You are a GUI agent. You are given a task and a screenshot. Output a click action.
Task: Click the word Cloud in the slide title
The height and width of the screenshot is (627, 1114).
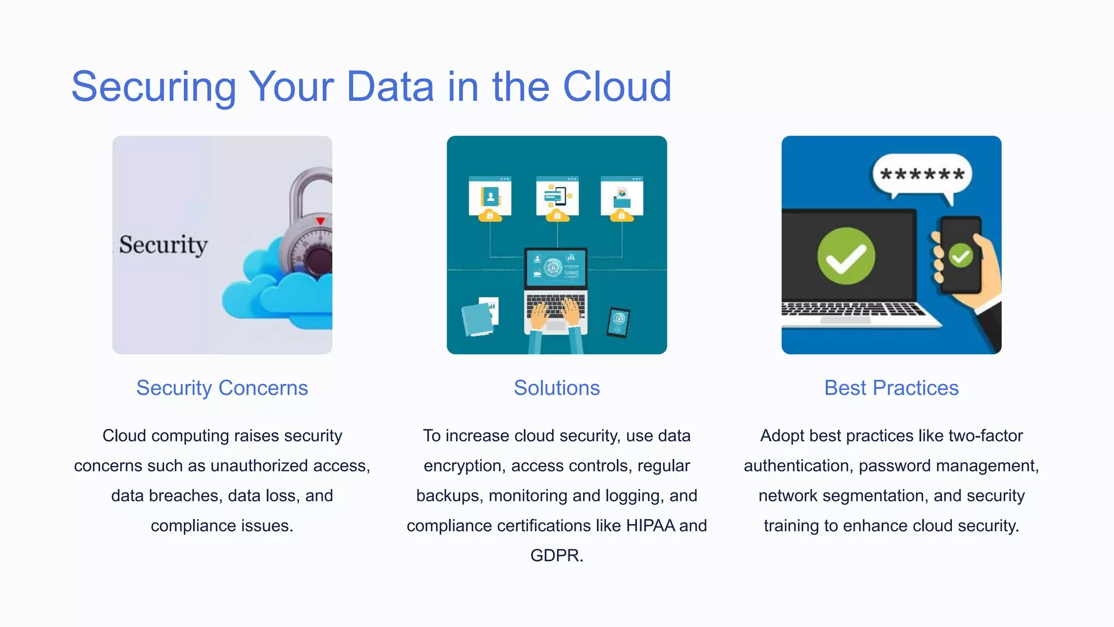point(617,87)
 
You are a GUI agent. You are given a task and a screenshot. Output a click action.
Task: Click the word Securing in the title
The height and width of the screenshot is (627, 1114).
point(154,88)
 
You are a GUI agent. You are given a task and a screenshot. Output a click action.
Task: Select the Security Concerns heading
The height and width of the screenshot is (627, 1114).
point(222,388)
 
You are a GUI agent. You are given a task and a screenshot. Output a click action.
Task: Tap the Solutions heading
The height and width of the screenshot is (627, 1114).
point(556,388)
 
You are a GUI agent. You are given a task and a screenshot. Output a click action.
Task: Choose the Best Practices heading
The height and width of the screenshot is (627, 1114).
point(891,388)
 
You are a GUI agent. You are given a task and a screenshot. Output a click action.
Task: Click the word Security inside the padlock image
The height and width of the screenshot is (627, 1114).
point(163,245)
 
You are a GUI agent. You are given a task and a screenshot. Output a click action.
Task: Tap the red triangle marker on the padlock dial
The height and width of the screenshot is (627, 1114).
point(320,220)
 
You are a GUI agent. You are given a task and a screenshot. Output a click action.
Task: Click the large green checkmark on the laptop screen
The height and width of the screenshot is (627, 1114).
point(846,256)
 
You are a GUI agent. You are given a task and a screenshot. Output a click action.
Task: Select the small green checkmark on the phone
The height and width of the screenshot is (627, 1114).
point(961,255)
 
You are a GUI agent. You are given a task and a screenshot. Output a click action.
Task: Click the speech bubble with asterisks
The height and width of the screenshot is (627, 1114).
point(922,175)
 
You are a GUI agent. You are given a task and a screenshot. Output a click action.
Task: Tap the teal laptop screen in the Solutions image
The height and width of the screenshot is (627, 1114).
point(555,268)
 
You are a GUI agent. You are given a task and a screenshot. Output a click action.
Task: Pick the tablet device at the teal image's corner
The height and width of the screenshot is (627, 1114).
point(618,322)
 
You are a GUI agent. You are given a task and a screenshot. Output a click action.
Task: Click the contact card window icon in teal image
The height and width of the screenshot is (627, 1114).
point(490,196)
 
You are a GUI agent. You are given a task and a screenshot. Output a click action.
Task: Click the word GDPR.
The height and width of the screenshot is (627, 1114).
point(555,556)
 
